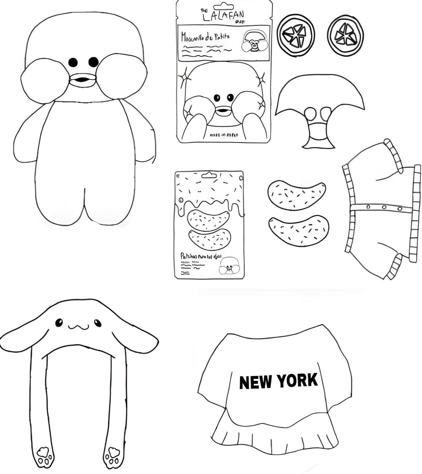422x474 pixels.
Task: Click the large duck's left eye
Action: point(73,62)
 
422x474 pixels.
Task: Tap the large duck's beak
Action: point(82,80)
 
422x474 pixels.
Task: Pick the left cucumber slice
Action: point(296,35)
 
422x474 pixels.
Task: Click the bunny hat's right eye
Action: point(98,323)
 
